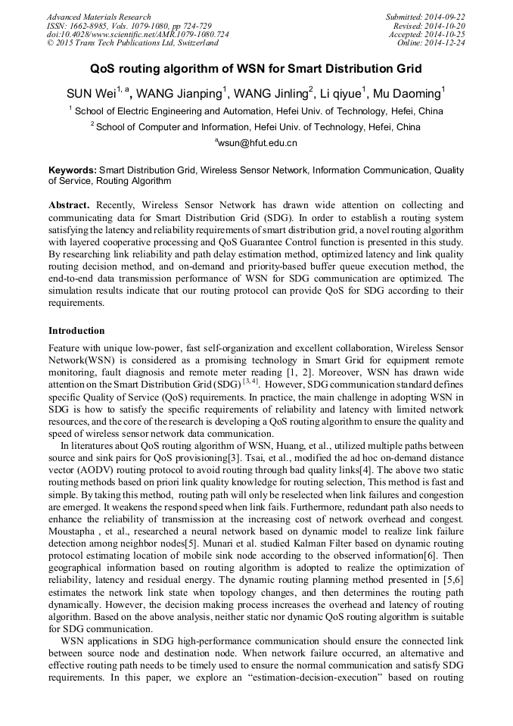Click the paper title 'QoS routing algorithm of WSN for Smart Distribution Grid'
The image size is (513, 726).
pos(256,69)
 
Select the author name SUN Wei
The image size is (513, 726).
pos(91,94)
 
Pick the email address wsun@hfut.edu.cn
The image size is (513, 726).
pos(257,142)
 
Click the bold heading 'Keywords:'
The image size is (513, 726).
pos(73,171)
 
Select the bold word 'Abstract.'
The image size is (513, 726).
pos(70,205)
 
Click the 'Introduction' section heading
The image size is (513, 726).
pos(76,331)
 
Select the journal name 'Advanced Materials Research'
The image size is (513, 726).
pos(98,17)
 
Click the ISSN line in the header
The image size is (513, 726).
pos(129,26)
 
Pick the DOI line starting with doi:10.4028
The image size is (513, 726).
pos(138,35)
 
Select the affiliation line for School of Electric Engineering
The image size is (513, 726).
pos(257,111)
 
